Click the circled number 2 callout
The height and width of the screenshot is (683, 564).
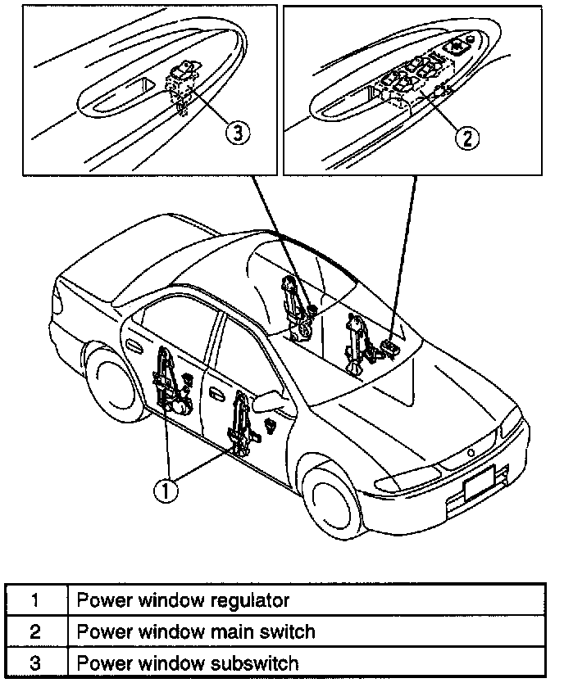466,138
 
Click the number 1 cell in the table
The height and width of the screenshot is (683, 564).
36,601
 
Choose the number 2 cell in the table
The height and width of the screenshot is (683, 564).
36,631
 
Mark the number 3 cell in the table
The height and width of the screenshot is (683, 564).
36,662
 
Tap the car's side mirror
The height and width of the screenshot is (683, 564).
271,402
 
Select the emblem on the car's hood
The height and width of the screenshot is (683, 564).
472,452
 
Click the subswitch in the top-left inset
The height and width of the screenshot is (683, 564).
184,82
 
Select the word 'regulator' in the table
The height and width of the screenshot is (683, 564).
250,601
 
